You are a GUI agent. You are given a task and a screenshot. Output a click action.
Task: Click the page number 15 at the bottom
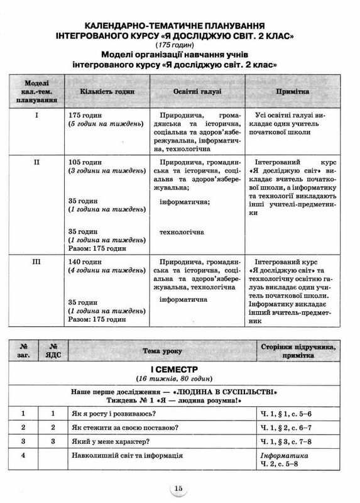coord(180,488)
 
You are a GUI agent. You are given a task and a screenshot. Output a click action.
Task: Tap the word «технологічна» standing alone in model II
coord(182,233)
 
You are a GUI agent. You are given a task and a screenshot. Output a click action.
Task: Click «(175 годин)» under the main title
coord(180,46)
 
